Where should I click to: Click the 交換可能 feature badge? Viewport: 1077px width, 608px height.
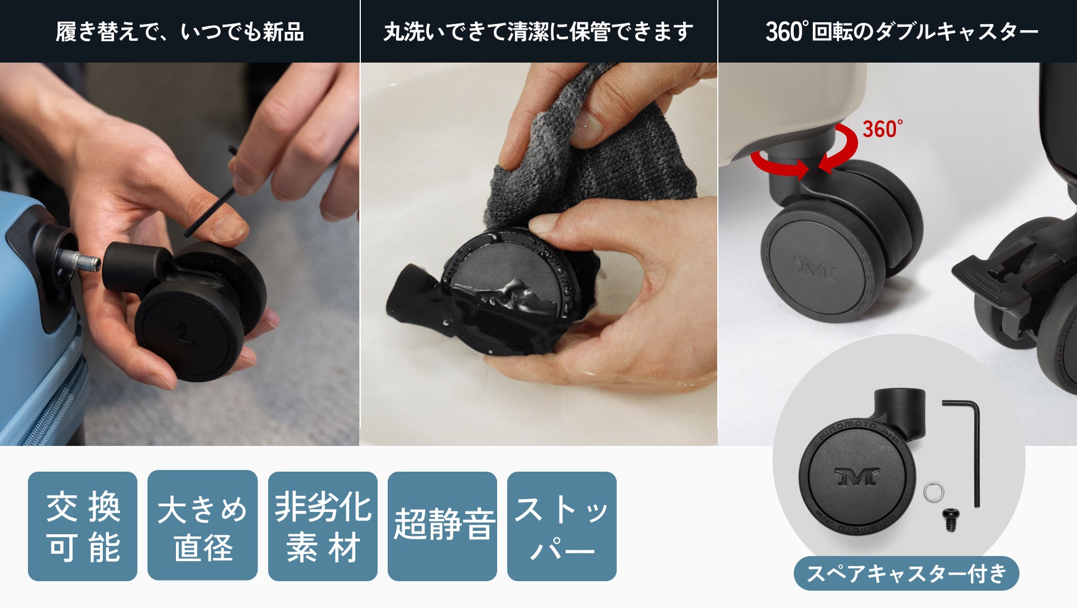click(83, 526)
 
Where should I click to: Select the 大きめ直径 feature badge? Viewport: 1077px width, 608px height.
click(202, 525)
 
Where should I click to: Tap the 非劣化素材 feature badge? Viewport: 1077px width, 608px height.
click(323, 526)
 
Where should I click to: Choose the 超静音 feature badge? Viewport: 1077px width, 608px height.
click(442, 526)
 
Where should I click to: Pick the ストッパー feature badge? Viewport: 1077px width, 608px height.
click(562, 526)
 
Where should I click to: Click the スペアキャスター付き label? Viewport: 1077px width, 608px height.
click(906, 573)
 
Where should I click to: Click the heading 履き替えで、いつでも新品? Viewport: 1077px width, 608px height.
click(180, 31)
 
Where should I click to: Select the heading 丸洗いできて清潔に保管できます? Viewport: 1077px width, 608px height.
click(538, 31)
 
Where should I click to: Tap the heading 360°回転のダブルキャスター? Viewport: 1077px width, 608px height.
click(902, 31)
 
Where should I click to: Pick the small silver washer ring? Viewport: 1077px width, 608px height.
click(934, 492)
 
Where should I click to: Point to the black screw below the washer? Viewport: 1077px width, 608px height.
click(950, 519)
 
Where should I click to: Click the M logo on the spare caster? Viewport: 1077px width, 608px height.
click(857, 477)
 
